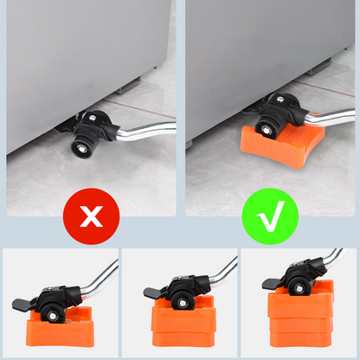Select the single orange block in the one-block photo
[x=61, y=328]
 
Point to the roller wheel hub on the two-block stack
[x=179, y=298]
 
